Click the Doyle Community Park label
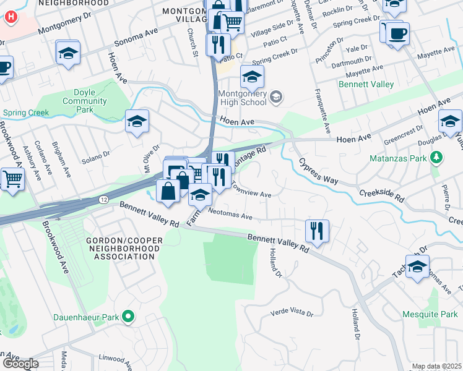80,101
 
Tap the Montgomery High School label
242,101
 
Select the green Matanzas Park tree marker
437,157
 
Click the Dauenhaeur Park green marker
128,317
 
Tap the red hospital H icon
10,17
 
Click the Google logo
20,364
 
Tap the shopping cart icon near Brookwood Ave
12,179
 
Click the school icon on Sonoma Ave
68,53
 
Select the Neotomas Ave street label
230,216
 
